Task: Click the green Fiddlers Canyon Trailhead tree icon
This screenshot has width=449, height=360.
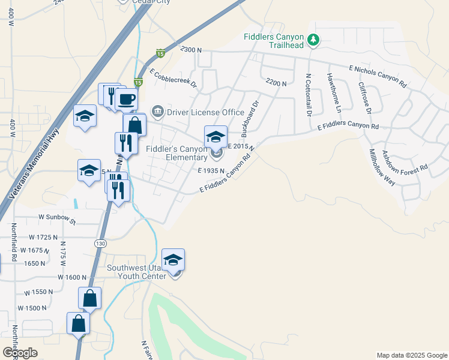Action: [313, 40]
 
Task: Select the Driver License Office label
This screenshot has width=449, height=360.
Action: [205, 112]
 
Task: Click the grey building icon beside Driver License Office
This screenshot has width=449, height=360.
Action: [158, 112]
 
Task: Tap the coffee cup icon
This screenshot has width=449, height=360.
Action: [127, 98]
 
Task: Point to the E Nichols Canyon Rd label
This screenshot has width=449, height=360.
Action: [378, 76]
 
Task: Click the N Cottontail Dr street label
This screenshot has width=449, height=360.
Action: [308, 95]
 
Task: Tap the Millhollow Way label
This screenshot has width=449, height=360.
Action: [382, 167]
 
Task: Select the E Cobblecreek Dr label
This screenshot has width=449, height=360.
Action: [173, 78]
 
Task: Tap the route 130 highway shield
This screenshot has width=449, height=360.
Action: [100, 243]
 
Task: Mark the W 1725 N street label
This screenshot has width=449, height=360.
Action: [39, 238]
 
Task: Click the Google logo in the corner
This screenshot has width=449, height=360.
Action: [20, 353]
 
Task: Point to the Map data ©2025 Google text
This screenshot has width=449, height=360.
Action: [412, 355]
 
